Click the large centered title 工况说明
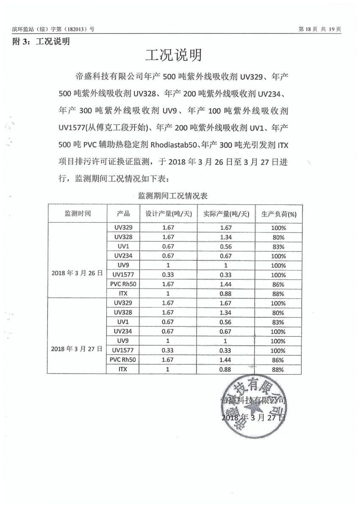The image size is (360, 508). tap(173, 55)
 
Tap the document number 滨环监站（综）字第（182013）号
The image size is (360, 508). tap(53, 29)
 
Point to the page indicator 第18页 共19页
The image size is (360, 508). tap(320, 29)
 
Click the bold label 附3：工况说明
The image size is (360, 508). tap(41, 41)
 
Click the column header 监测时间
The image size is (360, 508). tap(78, 213)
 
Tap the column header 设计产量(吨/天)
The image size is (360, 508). tap(169, 213)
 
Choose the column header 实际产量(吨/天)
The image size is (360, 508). tap(227, 213)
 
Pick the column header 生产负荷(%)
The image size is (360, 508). tap(279, 214)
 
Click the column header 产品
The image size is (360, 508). tap(124, 213)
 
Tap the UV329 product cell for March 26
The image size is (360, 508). tap(124, 227)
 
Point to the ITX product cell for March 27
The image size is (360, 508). tap(124, 369)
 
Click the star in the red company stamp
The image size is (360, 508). tap(254, 409)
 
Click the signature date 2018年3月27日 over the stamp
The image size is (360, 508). tap(254, 417)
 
